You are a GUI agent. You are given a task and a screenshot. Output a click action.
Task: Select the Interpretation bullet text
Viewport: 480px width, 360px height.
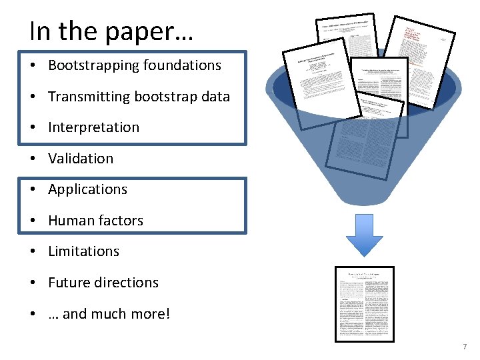pyautogui.click(x=93, y=127)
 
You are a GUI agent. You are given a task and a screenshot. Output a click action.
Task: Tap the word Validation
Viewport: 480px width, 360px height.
pyautogui.click(x=81, y=159)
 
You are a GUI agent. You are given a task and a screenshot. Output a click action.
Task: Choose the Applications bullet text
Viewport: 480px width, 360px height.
pyautogui.click(x=87, y=189)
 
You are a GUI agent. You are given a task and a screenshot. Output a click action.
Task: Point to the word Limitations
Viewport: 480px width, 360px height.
pyautogui.click(x=83, y=251)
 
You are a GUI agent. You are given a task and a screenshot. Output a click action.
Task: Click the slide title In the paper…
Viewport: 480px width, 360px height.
pyautogui.click(x=111, y=31)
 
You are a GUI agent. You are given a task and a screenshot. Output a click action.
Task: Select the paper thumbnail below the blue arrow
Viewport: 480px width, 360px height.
pyautogui.click(x=364, y=303)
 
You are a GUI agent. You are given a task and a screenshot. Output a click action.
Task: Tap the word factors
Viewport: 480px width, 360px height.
pyautogui.click(x=122, y=221)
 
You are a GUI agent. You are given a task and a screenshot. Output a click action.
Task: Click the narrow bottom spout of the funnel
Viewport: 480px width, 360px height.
pyautogui.click(x=360, y=193)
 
